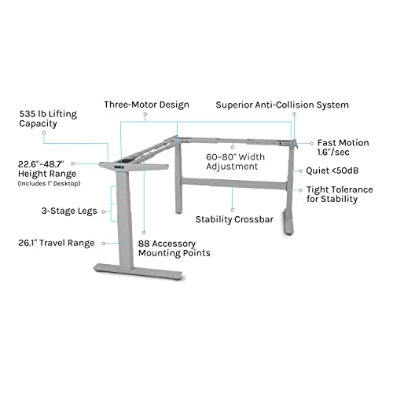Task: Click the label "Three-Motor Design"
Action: pos(146,105)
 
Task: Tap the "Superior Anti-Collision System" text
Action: pos(282,105)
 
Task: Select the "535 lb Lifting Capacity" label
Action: pos(48,119)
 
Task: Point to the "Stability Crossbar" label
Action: pos(234,219)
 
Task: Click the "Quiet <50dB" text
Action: pos(332,171)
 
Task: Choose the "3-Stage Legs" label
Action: pos(69,211)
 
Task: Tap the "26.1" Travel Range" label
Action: pos(57,243)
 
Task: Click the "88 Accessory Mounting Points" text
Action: pos(174,248)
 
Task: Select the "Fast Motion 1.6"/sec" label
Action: pos(343,147)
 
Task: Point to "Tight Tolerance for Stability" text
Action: pos(340,194)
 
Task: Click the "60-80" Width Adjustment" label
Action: pos(235,162)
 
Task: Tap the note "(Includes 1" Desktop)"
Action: pos(49,183)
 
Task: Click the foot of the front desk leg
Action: pos(138,272)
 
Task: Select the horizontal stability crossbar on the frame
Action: pos(234,183)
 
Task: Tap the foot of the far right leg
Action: pos(288,222)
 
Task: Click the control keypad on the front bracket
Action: pos(119,167)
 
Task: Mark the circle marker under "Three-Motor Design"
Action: pos(145,114)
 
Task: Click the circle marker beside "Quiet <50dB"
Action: pos(300,171)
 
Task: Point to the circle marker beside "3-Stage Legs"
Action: pos(104,211)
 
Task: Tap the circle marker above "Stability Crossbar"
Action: pos(233,210)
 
